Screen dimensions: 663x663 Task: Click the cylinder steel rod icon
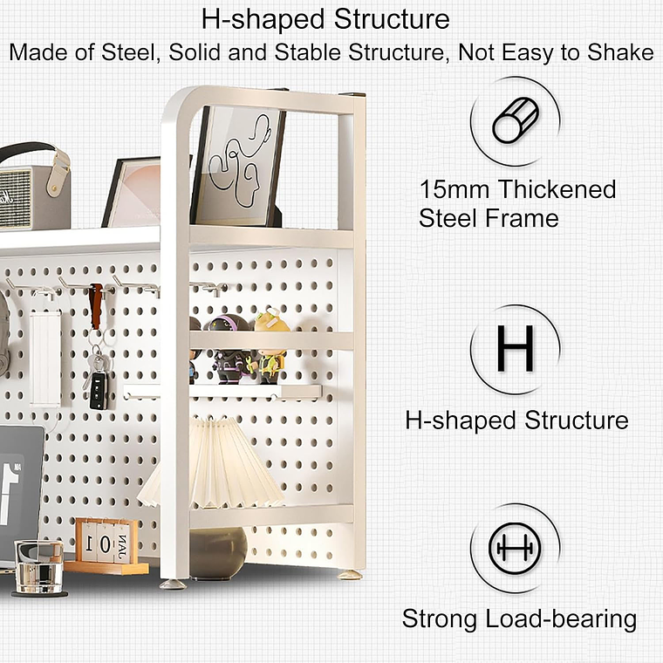coord(516,120)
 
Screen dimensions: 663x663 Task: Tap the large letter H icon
coord(516,348)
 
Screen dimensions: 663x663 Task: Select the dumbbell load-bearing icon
coord(515,548)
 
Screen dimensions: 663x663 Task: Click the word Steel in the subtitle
coord(128,53)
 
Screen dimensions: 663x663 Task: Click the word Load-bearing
coord(561,619)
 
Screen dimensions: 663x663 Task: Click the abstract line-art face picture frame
coord(237,167)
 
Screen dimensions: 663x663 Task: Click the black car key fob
coord(99,390)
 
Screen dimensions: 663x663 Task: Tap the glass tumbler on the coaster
coord(38,567)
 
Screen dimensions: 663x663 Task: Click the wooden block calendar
coord(106,545)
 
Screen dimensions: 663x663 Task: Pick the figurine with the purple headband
coord(229,349)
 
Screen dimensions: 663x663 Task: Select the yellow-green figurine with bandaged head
coord(271,347)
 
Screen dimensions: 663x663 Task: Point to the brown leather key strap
coord(96,305)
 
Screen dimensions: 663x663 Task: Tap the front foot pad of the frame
coord(173,584)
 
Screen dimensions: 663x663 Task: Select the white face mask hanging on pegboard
coord(44,358)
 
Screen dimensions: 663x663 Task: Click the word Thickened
coord(557,189)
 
